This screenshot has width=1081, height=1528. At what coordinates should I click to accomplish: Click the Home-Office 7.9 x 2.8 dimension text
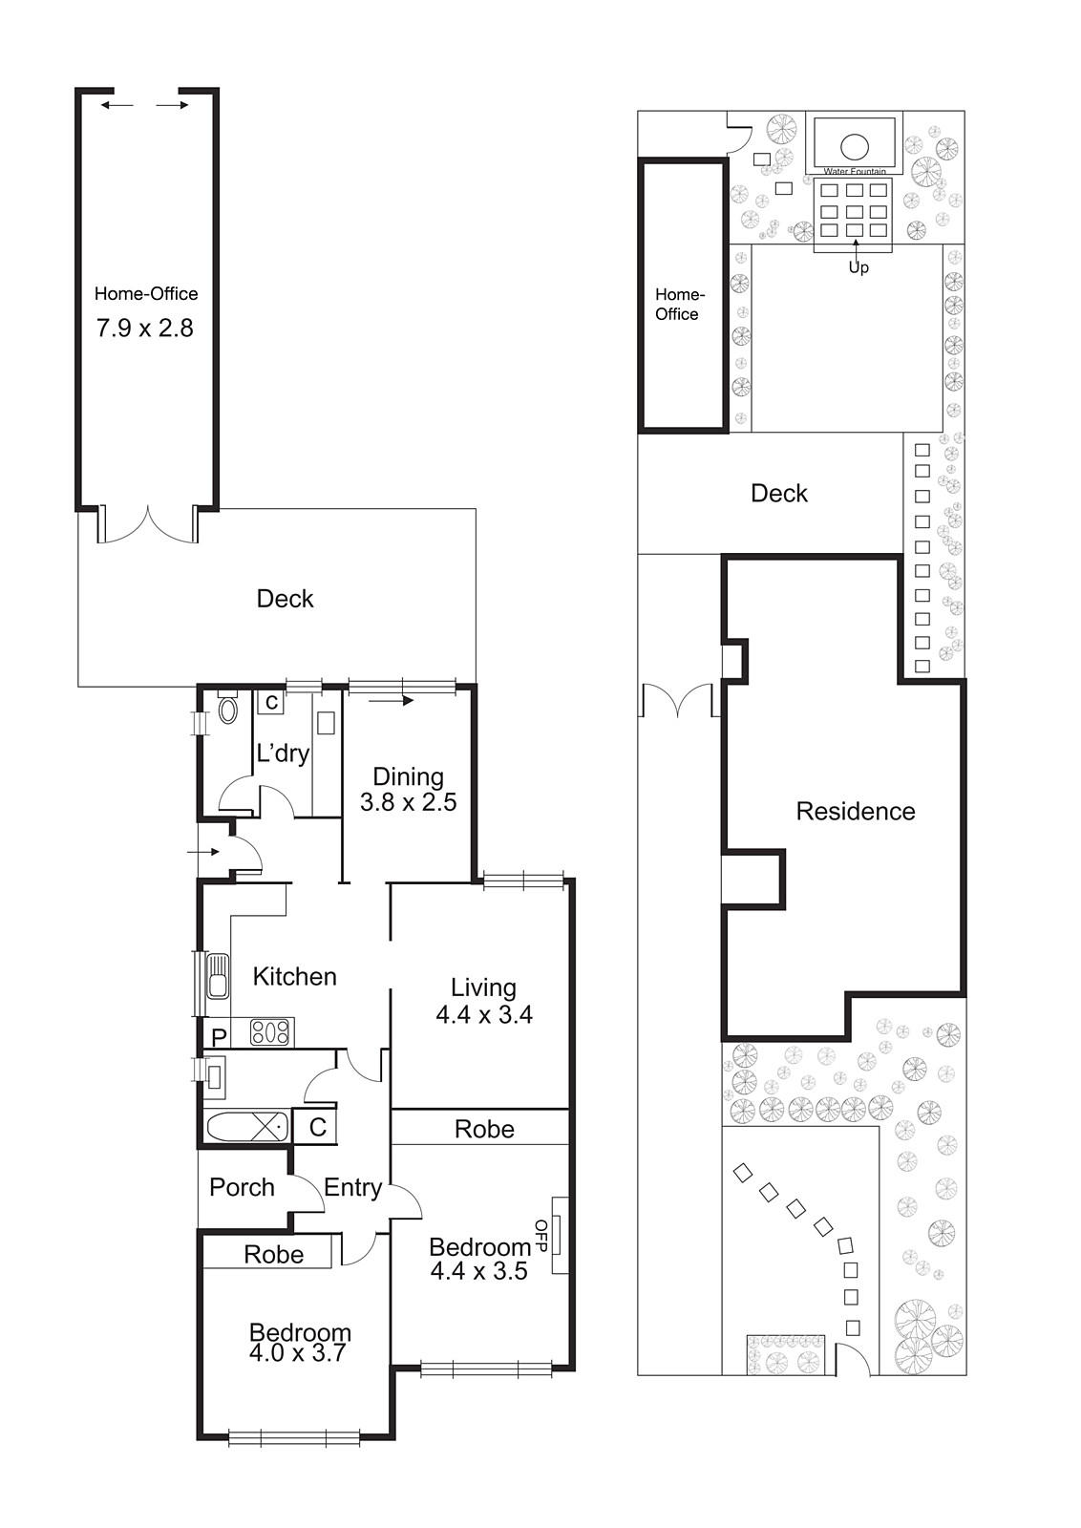pyautogui.click(x=145, y=328)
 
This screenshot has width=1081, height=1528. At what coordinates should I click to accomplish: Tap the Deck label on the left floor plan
pyautogui.click(x=285, y=599)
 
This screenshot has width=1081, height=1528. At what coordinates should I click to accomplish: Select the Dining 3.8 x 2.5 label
pyautogui.click(x=408, y=790)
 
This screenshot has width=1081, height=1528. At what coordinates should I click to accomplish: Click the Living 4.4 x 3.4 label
pyautogui.click(x=483, y=1001)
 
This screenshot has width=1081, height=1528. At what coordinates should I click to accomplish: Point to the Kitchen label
pyautogui.click(x=294, y=976)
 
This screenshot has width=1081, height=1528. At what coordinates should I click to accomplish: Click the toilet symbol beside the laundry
pyautogui.click(x=227, y=710)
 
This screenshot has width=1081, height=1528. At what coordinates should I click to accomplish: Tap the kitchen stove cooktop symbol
pyautogui.click(x=270, y=1031)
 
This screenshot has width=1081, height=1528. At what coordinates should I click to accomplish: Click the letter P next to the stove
pyautogui.click(x=219, y=1037)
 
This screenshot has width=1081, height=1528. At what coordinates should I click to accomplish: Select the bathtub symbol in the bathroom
pyautogui.click(x=246, y=1126)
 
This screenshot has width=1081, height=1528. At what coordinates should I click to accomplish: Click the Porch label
pyautogui.click(x=242, y=1187)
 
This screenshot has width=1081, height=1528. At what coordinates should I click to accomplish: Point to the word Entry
pyautogui.click(x=352, y=1187)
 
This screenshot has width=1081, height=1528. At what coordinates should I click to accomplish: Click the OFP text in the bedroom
pyautogui.click(x=541, y=1235)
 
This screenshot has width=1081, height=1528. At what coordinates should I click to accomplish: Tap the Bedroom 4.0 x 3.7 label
pyautogui.click(x=299, y=1343)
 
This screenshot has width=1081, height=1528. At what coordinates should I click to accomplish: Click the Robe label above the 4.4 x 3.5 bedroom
pyautogui.click(x=484, y=1129)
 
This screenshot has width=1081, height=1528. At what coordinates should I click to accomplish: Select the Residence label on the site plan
pyautogui.click(x=855, y=811)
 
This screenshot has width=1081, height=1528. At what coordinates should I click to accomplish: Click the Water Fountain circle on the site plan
pyautogui.click(x=854, y=147)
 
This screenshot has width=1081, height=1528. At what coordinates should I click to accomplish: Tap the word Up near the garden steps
pyautogui.click(x=858, y=267)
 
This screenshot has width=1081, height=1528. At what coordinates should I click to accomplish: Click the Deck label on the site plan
pyautogui.click(x=778, y=493)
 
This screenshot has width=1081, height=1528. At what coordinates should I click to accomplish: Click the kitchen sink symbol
pyautogui.click(x=218, y=975)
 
